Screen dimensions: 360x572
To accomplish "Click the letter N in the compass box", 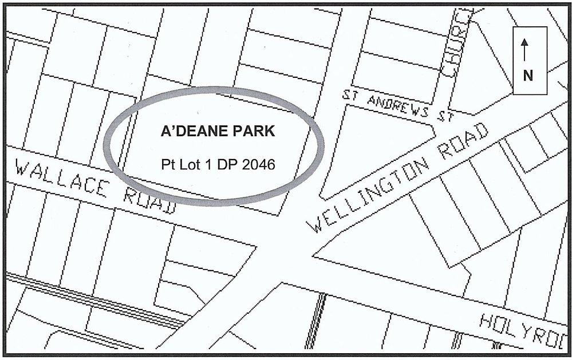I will tap(529, 75).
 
